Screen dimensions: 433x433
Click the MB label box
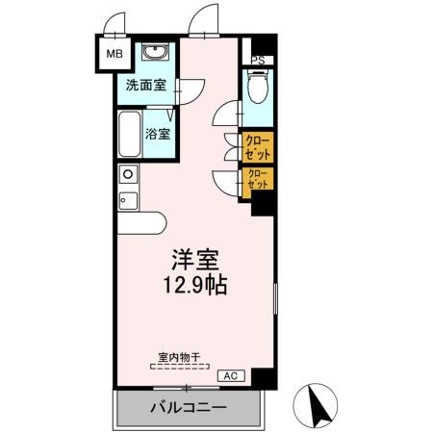tap(114, 56)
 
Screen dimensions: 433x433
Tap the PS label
tap(256, 60)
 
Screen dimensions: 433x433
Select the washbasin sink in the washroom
tap(154, 52)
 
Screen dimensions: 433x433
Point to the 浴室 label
tap(158, 133)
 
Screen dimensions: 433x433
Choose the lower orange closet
tap(257, 180)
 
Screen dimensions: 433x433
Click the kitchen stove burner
tap(127, 174)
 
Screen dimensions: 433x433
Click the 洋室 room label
tap(195, 260)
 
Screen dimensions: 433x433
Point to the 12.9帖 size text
tap(195, 287)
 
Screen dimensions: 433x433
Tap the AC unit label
tap(230, 375)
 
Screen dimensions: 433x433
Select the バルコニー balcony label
tap(188, 408)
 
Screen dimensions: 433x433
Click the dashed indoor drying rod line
tap(179, 367)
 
